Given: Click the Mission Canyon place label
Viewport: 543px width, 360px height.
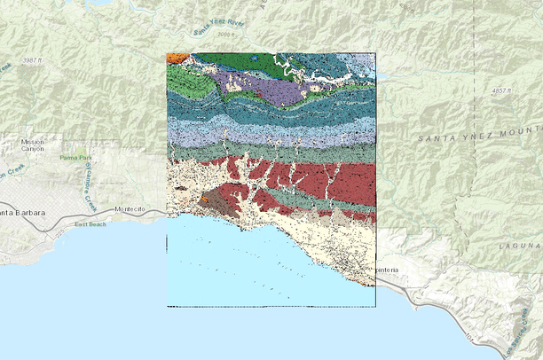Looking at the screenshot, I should click(33, 145).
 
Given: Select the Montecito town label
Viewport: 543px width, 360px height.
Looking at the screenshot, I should click(130, 209).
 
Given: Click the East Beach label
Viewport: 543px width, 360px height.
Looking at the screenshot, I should click(90, 224).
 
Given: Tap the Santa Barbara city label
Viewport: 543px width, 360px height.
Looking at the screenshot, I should click(23, 212).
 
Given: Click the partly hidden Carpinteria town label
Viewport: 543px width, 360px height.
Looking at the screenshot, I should click(387, 269).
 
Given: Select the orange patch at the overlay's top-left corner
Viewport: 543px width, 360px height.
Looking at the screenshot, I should click(176, 57).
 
